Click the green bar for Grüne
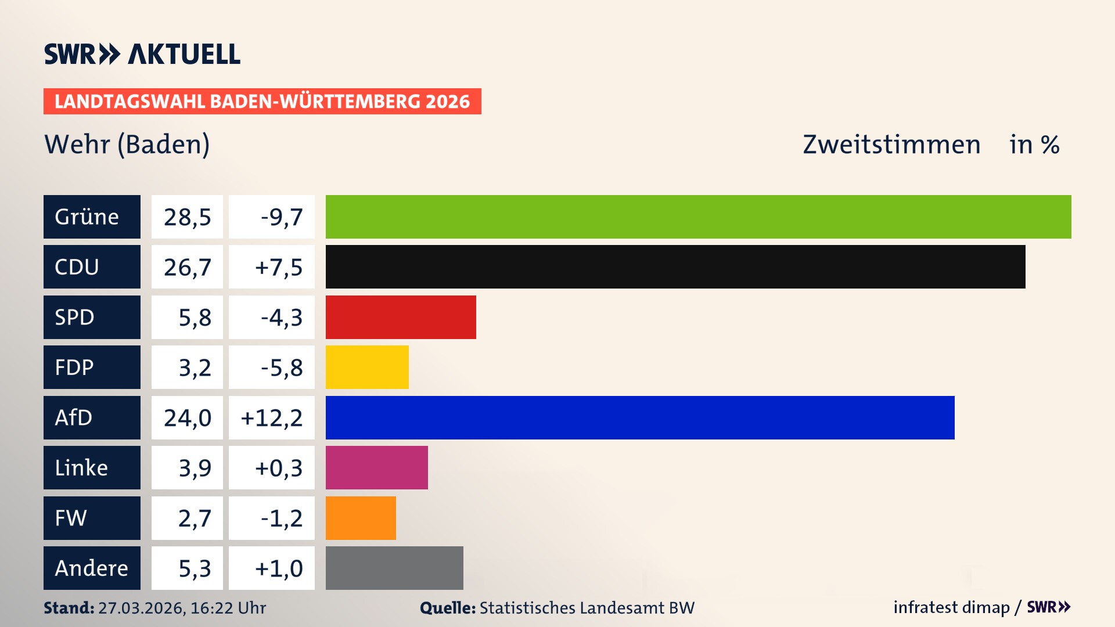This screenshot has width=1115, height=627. [698, 217]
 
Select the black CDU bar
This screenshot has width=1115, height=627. [675, 267]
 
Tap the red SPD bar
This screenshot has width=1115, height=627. [401, 317]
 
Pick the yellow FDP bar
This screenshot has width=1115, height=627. [367, 367]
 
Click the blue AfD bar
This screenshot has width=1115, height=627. [640, 417]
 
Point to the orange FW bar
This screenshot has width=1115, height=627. [361, 518]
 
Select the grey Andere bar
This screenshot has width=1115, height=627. [394, 568]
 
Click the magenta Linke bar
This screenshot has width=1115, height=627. [376, 468]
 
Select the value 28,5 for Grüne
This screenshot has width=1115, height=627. [187, 217]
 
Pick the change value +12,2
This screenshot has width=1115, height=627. [272, 418]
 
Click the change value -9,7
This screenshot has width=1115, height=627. [282, 217]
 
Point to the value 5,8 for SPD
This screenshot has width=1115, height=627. [195, 318]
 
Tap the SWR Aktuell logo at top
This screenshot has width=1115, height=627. [142, 54]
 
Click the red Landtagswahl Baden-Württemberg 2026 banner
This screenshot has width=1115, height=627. [262, 102]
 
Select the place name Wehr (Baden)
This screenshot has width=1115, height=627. [127, 144]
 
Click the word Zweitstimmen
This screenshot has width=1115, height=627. [891, 145]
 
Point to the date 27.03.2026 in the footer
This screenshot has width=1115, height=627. [141, 608]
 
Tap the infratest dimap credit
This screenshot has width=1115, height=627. [951, 607]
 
